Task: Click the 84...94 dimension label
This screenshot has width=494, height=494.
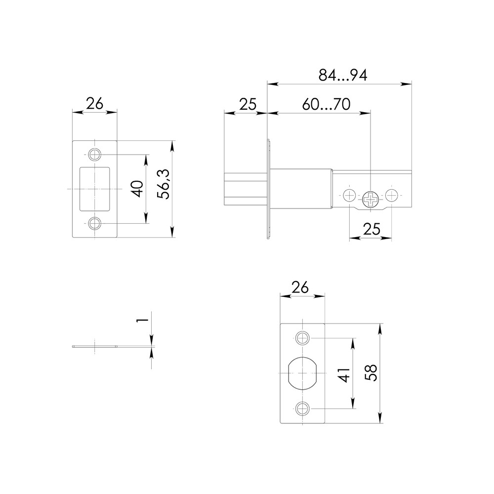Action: pos(343,76)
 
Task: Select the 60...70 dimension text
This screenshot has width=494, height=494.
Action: pos(326,104)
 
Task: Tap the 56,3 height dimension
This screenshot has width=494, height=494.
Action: pos(164,184)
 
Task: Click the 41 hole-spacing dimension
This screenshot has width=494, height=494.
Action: pos(345,375)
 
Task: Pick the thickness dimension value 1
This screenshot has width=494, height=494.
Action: pos(142,320)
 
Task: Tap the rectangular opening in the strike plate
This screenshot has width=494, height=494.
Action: pos(94,189)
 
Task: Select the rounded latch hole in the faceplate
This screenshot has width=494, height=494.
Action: pos(302,373)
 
